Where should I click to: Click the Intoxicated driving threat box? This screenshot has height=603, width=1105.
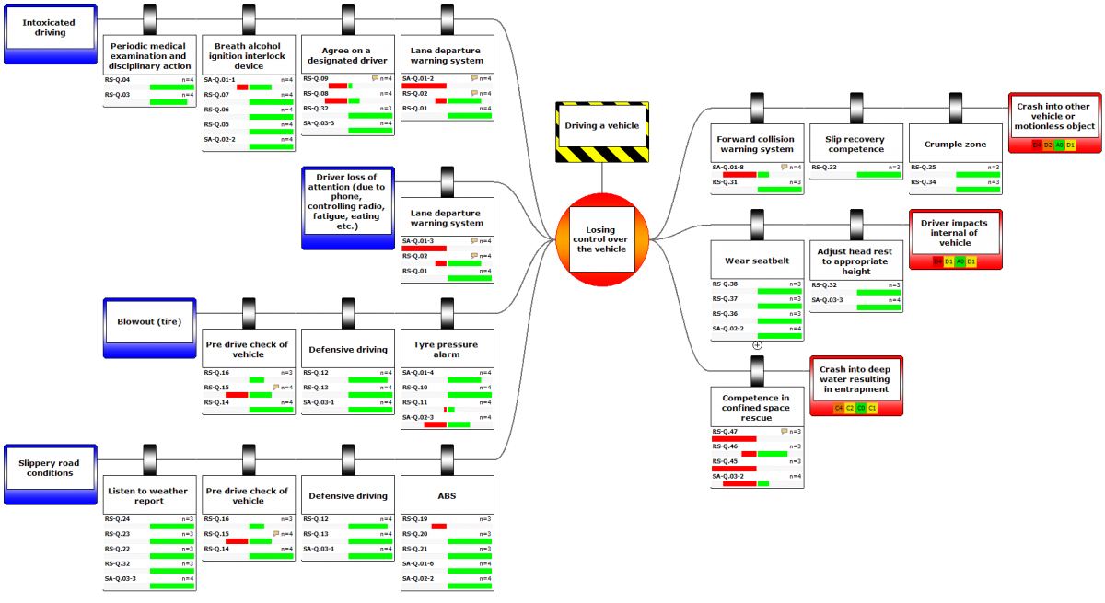tap(50, 33)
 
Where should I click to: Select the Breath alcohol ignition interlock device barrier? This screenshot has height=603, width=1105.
tap(249, 55)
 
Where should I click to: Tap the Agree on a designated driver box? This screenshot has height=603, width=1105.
tap(348, 55)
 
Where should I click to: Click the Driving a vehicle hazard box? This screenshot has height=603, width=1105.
tap(601, 125)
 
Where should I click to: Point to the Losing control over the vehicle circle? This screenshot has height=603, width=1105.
tap(603, 238)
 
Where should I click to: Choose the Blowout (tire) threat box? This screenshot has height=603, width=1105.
tap(149, 322)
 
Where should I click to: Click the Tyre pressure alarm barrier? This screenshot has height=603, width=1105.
tap(448, 350)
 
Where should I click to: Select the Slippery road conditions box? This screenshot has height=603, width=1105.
tap(50, 468)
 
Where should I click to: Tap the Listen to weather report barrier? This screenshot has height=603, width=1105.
tap(149, 495)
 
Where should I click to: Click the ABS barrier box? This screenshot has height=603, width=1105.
tap(448, 495)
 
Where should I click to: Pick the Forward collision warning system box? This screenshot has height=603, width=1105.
tap(757, 145)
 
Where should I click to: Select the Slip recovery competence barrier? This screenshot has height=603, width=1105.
tap(856, 145)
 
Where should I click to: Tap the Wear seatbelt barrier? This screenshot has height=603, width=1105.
tap(757, 261)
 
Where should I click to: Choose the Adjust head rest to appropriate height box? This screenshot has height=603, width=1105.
tap(856, 261)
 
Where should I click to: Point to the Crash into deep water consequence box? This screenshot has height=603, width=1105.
tap(855, 379)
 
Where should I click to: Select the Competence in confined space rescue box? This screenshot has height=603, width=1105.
tap(757, 408)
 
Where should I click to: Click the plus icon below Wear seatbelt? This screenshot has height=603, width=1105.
tap(757, 345)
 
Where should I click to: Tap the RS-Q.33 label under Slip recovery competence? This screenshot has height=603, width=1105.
tap(824, 168)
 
